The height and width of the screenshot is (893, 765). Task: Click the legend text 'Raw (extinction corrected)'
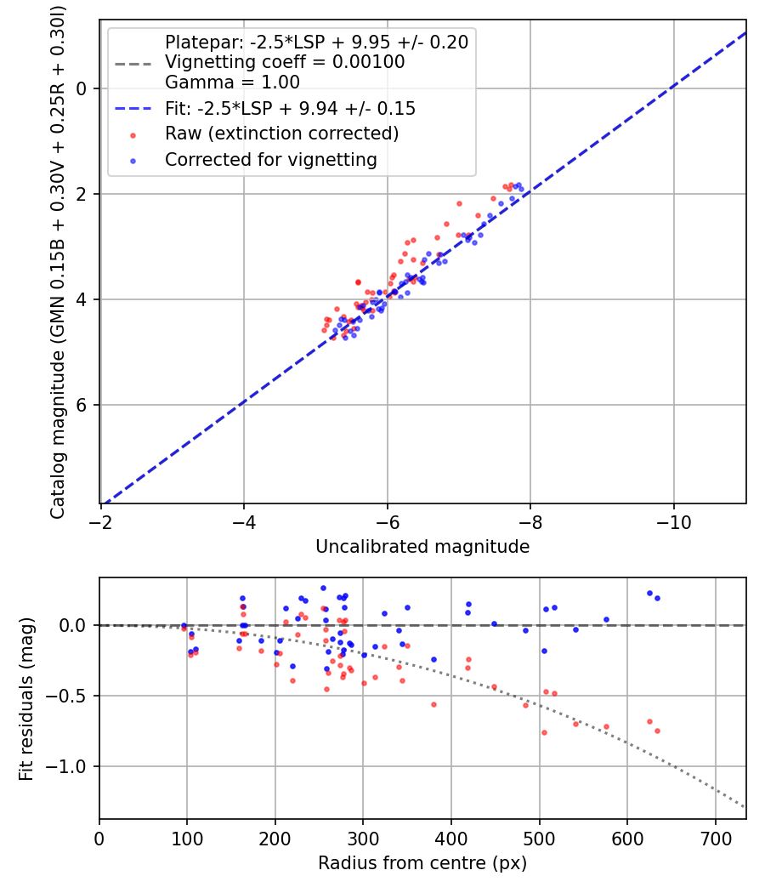pos(281,134)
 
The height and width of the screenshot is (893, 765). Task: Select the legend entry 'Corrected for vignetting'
pos(271,159)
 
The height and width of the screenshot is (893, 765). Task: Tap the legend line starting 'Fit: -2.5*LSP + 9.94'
pos(290,109)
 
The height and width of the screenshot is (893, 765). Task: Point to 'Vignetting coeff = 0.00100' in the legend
pos(285,62)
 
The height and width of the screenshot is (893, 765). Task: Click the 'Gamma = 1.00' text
pos(232,82)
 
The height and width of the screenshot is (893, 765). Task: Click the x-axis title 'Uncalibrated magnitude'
pos(422,547)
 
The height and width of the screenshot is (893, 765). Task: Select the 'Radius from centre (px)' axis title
pos(422,863)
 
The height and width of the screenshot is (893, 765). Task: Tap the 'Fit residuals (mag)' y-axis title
pos(26,698)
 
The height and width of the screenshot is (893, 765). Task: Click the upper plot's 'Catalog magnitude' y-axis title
pos(58,260)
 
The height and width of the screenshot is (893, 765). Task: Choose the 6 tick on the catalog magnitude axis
pos(82,405)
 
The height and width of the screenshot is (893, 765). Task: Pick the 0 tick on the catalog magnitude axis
pos(82,88)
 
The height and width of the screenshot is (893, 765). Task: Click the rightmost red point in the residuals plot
pos(657,731)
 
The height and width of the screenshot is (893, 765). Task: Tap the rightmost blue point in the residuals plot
pos(657,598)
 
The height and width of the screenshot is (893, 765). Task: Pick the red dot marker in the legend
pos(132,134)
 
